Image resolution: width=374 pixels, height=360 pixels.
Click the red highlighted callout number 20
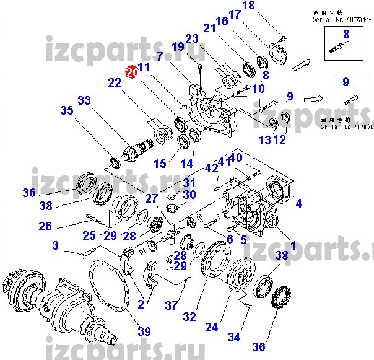click(131, 72)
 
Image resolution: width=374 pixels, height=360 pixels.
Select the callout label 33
click(84, 100)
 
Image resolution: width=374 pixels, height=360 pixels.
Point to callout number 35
click(66, 111)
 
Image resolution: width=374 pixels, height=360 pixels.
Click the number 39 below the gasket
click(144, 331)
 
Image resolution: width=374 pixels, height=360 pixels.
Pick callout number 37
click(171, 305)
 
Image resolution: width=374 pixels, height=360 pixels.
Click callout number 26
click(45, 227)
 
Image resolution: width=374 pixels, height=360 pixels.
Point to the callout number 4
click(299, 203)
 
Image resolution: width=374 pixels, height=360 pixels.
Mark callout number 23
click(192, 38)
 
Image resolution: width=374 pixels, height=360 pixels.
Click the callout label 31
click(188, 183)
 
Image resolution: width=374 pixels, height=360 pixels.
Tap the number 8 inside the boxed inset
click(346, 35)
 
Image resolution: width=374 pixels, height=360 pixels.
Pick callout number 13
click(265, 141)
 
